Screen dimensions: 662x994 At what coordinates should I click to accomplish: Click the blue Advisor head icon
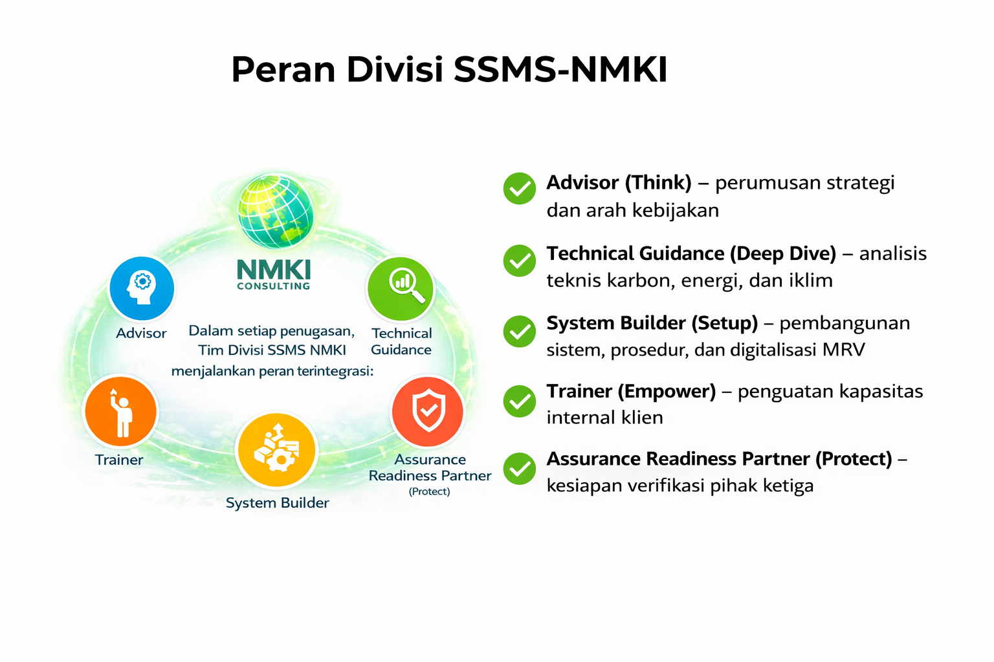(x=142, y=288)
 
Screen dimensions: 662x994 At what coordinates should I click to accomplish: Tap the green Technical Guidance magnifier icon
(x=401, y=288)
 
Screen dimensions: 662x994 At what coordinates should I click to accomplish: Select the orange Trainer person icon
(x=120, y=412)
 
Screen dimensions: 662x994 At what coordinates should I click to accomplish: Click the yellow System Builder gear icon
(x=276, y=450)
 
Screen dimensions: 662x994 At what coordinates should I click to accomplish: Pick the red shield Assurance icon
(x=428, y=411)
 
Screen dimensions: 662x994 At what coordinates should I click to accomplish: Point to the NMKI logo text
(x=274, y=269)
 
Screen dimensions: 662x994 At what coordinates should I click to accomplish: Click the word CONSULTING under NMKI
(x=274, y=286)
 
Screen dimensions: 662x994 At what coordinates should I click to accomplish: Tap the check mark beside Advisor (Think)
(x=519, y=189)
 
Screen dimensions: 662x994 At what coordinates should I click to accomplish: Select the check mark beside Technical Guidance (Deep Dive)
(x=519, y=261)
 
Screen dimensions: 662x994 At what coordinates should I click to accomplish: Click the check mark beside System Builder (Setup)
(x=519, y=331)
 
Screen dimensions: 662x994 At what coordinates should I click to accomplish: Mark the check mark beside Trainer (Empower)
(x=519, y=401)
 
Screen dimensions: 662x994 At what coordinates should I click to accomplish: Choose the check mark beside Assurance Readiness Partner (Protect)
(x=519, y=469)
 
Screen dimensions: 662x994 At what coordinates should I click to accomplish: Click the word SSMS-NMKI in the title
(x=560, y=70)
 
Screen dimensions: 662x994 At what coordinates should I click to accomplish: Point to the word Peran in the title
(x=283, y=70)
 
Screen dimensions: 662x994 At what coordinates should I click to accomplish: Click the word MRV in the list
(x=843, y=350)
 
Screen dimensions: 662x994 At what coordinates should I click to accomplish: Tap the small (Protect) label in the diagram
(x=430, y=491)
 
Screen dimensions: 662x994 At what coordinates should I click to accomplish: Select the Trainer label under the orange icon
(x=119, y=460)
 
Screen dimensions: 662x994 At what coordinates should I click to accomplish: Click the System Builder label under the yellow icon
(x=277, y=503)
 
